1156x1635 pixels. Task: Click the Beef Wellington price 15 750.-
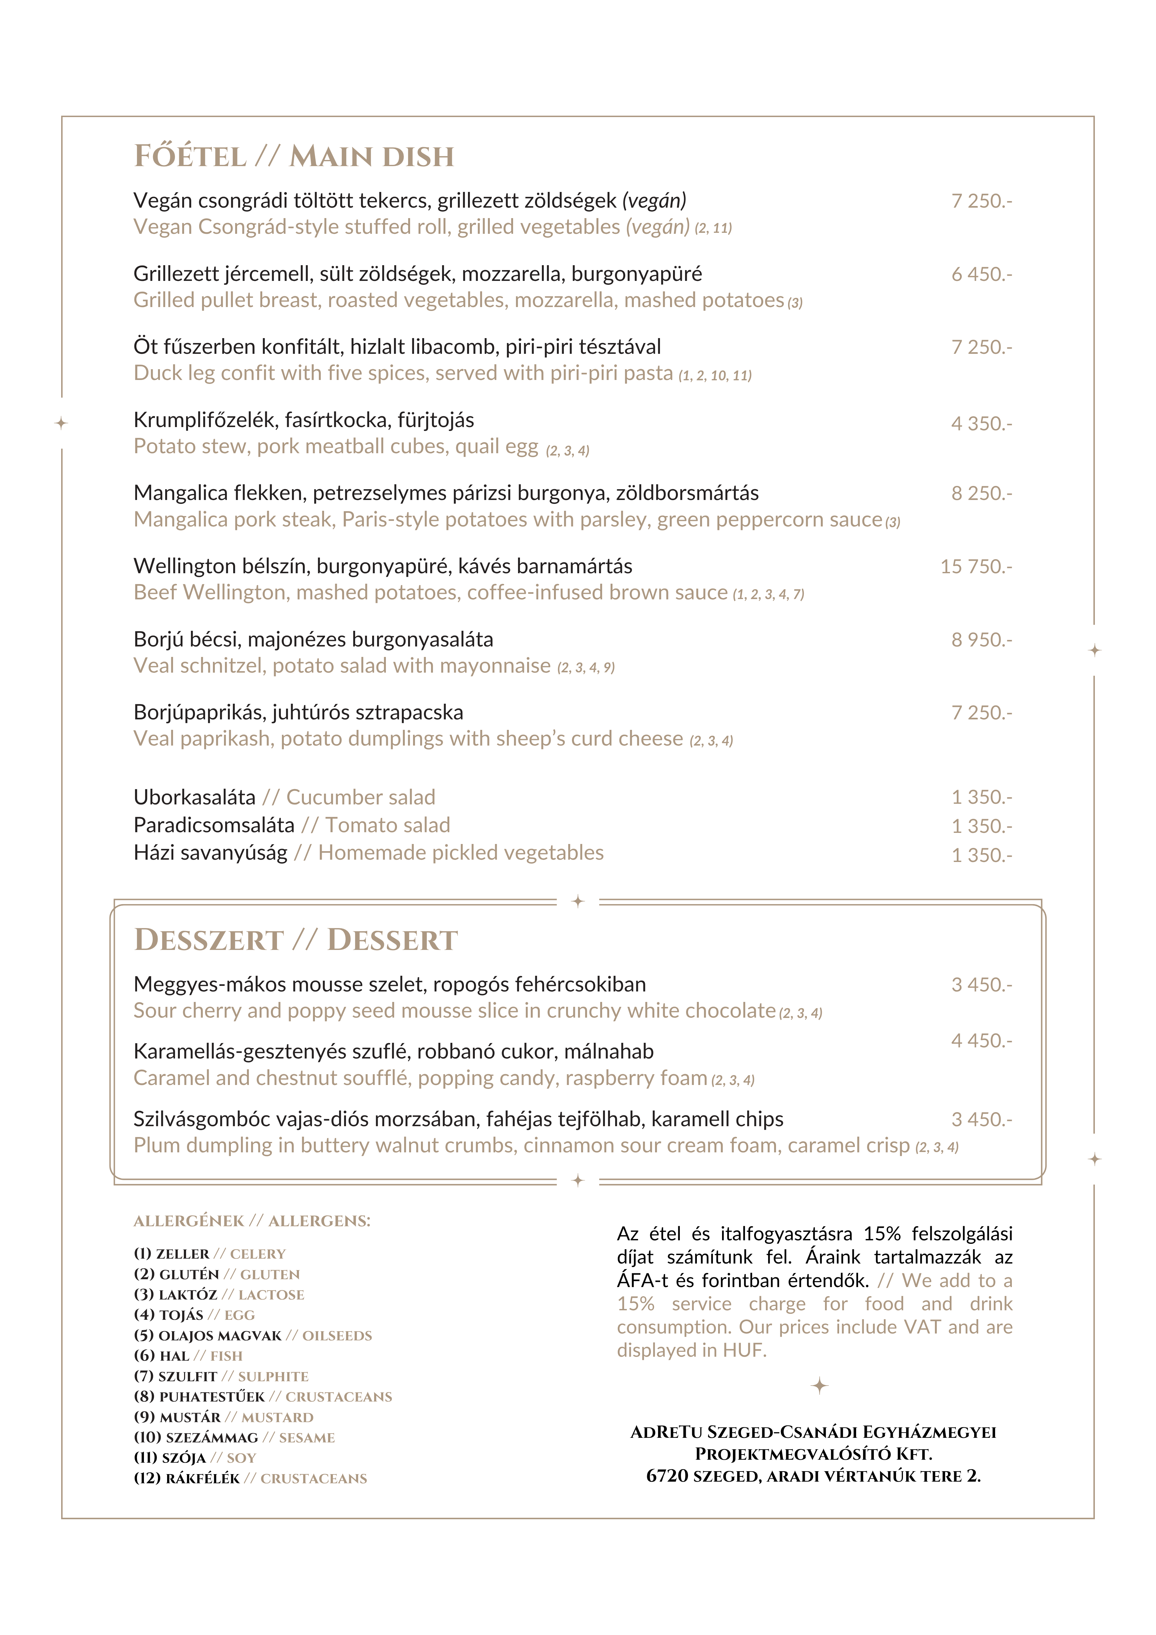pyautogui.click(x=976, y=567)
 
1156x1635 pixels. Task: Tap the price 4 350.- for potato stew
pyautogui.click(x=981, y=424)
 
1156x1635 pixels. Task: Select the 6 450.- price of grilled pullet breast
pyautogui.click(x=981, y=274)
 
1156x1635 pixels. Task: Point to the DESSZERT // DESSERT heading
pyautogui.click(x=296, y=940)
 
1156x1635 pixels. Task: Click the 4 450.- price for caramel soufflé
pyautogui.click(x=981, y=1041)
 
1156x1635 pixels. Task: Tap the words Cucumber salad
pyautogui.click(x=360, y=798)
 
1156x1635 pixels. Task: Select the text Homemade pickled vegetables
pyautogui.click(x=461, y=853)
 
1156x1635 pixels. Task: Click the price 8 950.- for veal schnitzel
pyautogui.click(x=981, y=640)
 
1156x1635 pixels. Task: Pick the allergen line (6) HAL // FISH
pyautogui.click(x=188, y=1357)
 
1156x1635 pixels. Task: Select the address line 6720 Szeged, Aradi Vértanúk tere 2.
pyautogui.click(x=813, y=1476)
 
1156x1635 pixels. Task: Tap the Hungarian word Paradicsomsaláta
pyautogui.click(x=214, y=825)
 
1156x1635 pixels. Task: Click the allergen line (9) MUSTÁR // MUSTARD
pyautogui.click(x=224, y=1418)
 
